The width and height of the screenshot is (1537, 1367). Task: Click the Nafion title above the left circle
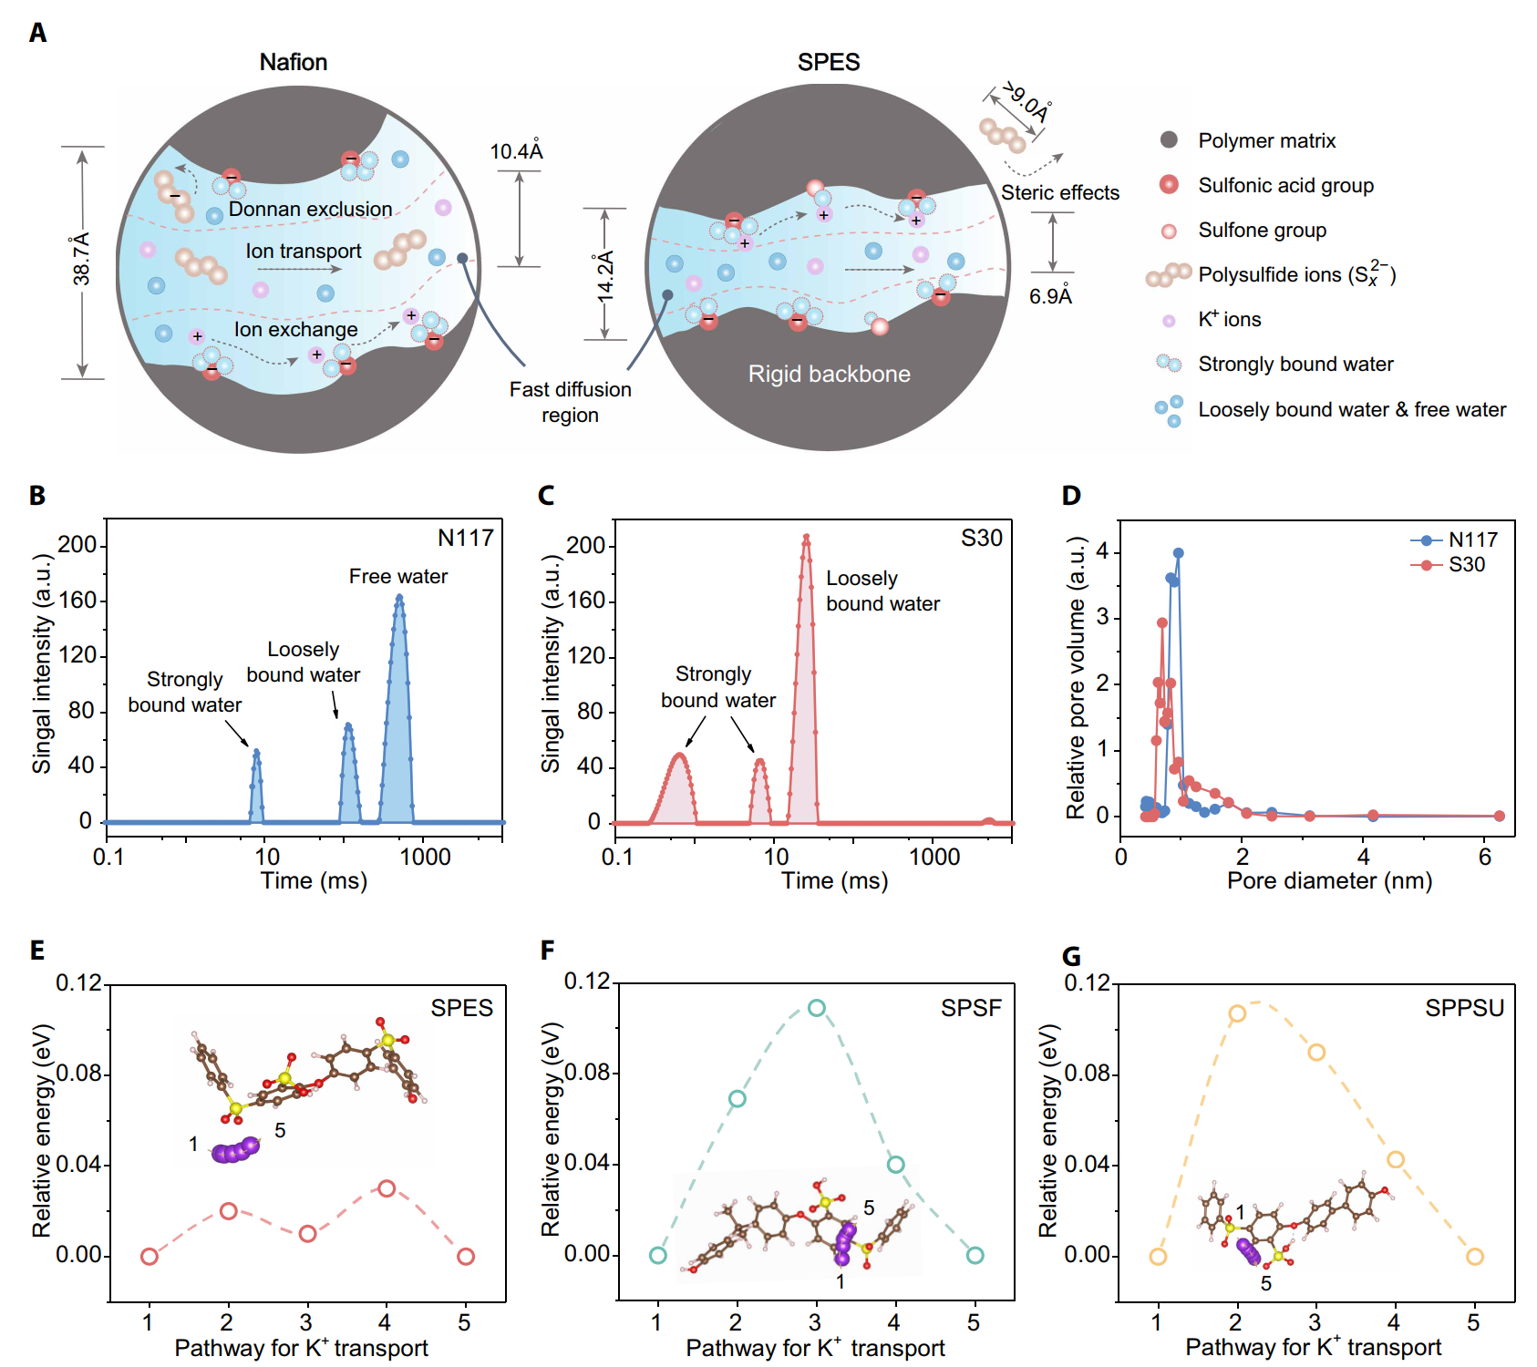click(293, 62)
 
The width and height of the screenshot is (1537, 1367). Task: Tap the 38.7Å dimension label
click(81, 259)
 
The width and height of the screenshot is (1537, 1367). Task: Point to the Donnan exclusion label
click(310, 209)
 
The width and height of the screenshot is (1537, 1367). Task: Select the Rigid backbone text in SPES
click(829, 374)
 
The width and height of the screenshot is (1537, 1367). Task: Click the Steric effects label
click(1059, 192)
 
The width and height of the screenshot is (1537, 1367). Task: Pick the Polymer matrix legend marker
click(1169, 140)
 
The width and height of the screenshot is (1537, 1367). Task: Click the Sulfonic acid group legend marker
click(1169, 185)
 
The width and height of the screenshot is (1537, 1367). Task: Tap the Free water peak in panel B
click(399, 599)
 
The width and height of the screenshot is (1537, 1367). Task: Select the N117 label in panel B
click(465, 538)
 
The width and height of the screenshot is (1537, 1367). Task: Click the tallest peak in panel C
click(806, 538)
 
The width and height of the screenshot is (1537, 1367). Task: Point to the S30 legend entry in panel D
click(1466, 565)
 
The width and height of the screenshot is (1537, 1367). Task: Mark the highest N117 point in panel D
click(1178, 553)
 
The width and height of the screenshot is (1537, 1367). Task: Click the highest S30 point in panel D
click(1162, 623)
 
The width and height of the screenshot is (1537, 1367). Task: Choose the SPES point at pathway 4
click(387, 1188)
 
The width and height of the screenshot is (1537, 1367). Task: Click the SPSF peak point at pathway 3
click(816, 1008)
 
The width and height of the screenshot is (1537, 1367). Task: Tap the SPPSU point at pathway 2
click(1237, 1013)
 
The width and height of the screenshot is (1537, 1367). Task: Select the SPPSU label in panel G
click(1464, 1008)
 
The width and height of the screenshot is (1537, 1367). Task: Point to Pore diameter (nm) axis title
click(1329, 880)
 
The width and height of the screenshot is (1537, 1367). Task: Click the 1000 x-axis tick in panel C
click(934, 857)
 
